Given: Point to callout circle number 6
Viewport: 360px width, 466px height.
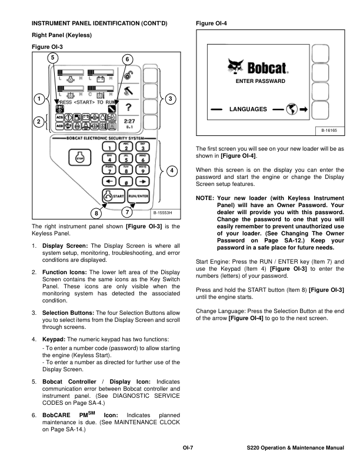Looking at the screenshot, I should tap(129, 59).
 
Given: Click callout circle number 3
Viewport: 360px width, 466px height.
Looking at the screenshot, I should tap(171, 99).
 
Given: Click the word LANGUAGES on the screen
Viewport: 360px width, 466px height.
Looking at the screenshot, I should tap(248, 109).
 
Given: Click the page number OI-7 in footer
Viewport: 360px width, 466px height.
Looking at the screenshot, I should tap(188, 449).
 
